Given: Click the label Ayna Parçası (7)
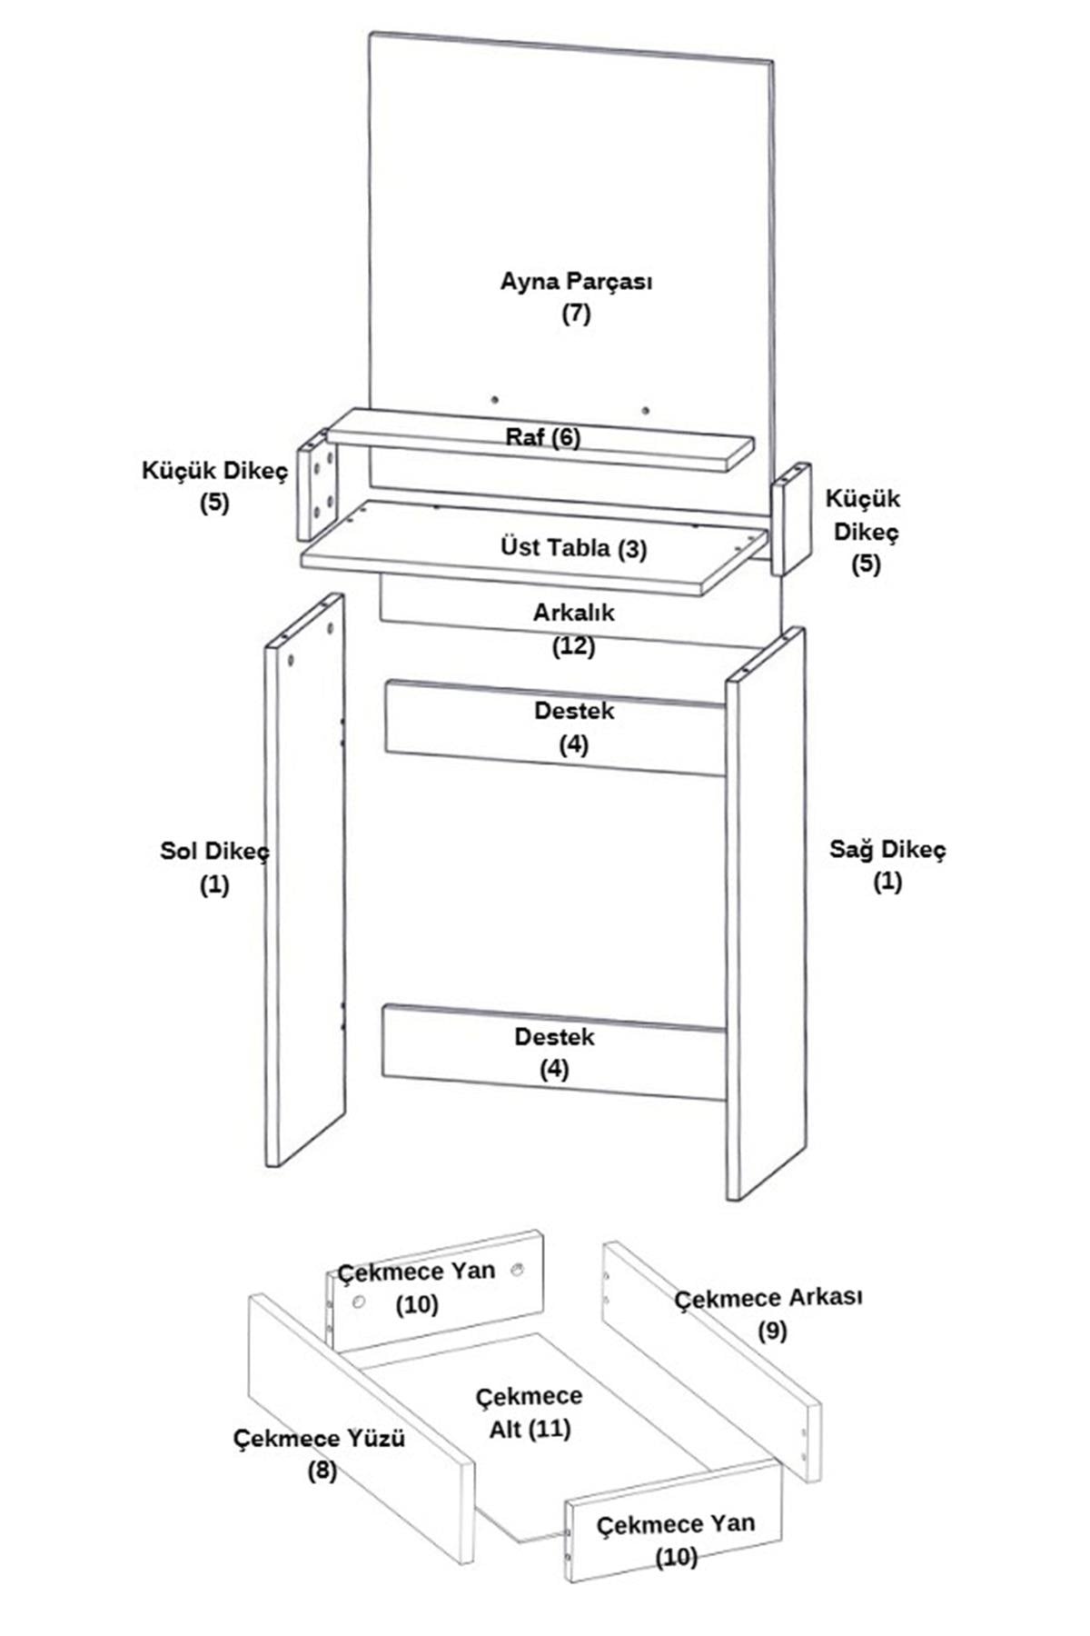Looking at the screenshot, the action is coord(576,297).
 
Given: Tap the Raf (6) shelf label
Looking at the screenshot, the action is coord(543,437).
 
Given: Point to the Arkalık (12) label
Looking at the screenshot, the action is coord(574,629).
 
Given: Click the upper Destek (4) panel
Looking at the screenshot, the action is coord(555,728).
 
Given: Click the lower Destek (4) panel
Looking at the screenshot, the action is coord(554,1052).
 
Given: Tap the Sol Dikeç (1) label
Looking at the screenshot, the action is coord(214,868).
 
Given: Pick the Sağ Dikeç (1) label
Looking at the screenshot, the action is coord(887,865).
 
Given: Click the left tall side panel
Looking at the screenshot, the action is coord(305,880).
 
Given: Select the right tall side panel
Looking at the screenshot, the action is coord(766,913).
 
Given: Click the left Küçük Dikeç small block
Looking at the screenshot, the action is coord(317,485).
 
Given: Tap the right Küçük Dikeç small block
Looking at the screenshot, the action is coord(791,519).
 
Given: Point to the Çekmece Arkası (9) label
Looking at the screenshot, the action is coord(768,1313).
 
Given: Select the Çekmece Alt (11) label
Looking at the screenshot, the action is coord(530,1412).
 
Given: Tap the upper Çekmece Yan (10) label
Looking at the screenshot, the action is coord(417,1287).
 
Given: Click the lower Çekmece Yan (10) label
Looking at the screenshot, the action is coord(676,1539).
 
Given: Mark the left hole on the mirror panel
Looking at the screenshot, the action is coord(495,399).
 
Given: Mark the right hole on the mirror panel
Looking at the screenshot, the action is coord(645,411).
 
